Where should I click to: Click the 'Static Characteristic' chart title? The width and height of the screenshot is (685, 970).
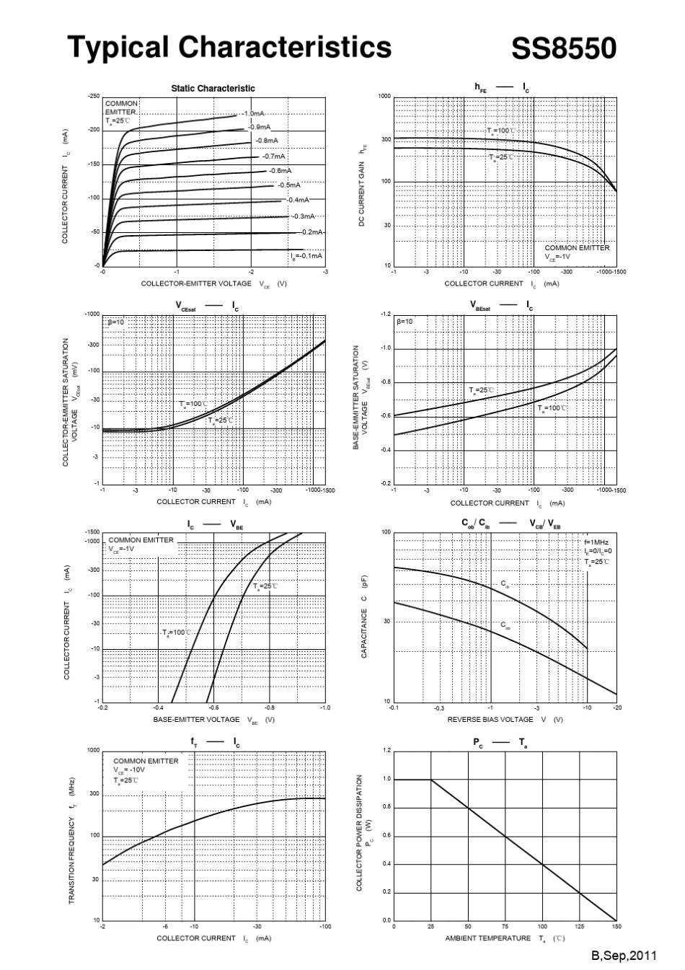click(x=213, y=88)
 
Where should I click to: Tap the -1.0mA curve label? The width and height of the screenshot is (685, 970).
click(x=254, y=114)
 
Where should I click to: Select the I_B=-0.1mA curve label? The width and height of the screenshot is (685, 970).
click(x=306, y=256)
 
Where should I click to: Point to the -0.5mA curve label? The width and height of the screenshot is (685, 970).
click(x=289, y=185)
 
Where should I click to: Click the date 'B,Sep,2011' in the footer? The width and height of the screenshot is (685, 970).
click(x=624, y=956)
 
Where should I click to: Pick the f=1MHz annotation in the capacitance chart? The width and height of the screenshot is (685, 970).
click(x=596, y=542)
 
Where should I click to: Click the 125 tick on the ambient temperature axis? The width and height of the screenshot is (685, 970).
click(x=580, y=927)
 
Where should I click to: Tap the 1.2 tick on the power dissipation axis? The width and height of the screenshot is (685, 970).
click(x=386, y=751)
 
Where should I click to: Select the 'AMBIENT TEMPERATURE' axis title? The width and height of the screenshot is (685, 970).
click(x=487, y=938)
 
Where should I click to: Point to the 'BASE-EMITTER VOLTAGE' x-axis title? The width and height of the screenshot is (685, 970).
click(x=196, y=720)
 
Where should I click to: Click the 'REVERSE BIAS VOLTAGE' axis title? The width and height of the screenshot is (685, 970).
click(x=490, y=720)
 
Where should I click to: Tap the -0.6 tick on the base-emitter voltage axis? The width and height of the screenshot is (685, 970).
click(x=213, y=708)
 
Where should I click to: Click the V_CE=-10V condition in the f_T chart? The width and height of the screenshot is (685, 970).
click(x=129, y=770)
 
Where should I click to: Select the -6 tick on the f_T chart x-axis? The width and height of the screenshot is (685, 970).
click(x=165, y=927)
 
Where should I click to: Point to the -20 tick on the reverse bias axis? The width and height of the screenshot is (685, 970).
click(x=616, y=708)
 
